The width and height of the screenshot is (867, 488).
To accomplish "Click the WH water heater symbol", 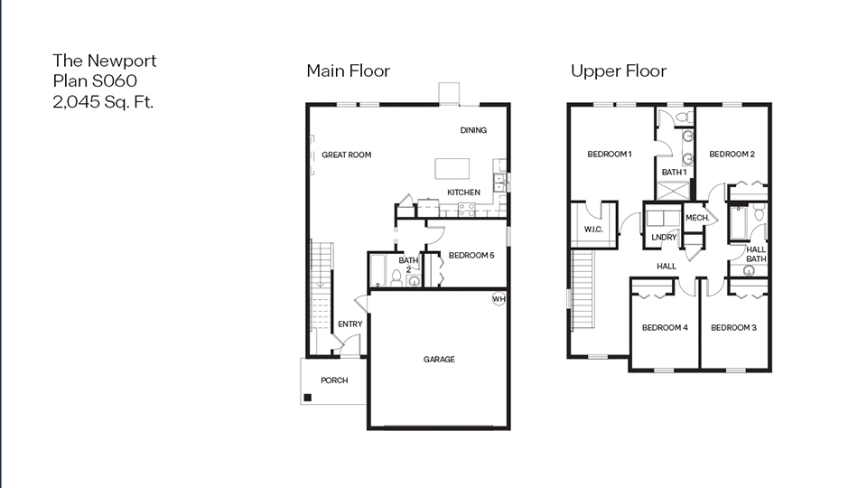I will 499,299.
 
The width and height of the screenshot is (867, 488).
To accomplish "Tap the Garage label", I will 439,360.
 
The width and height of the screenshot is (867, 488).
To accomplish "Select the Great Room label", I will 347,155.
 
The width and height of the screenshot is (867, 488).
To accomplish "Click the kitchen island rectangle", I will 452,169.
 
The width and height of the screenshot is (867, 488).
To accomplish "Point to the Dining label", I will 473,130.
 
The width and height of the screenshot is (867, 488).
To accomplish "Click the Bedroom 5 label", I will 471,255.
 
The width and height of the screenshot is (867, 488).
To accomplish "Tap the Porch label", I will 334,380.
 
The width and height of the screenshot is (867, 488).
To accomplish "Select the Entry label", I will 350,324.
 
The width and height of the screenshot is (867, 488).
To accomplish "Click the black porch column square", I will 308,398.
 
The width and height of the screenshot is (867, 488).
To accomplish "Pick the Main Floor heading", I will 348,70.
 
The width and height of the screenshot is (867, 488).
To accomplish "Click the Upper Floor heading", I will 619,70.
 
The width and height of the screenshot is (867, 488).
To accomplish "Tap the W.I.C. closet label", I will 593,230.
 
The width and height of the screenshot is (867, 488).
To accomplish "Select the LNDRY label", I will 664,238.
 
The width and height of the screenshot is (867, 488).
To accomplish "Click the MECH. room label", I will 696,218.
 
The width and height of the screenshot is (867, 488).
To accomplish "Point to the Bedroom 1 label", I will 609,155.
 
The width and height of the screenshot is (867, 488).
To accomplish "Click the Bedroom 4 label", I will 665,327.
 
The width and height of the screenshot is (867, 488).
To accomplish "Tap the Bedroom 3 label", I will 733,327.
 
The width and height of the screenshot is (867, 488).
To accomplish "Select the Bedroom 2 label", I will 732,155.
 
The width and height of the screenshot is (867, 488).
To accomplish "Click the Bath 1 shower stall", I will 673,191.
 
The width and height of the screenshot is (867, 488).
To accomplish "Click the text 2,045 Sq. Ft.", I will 103,101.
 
